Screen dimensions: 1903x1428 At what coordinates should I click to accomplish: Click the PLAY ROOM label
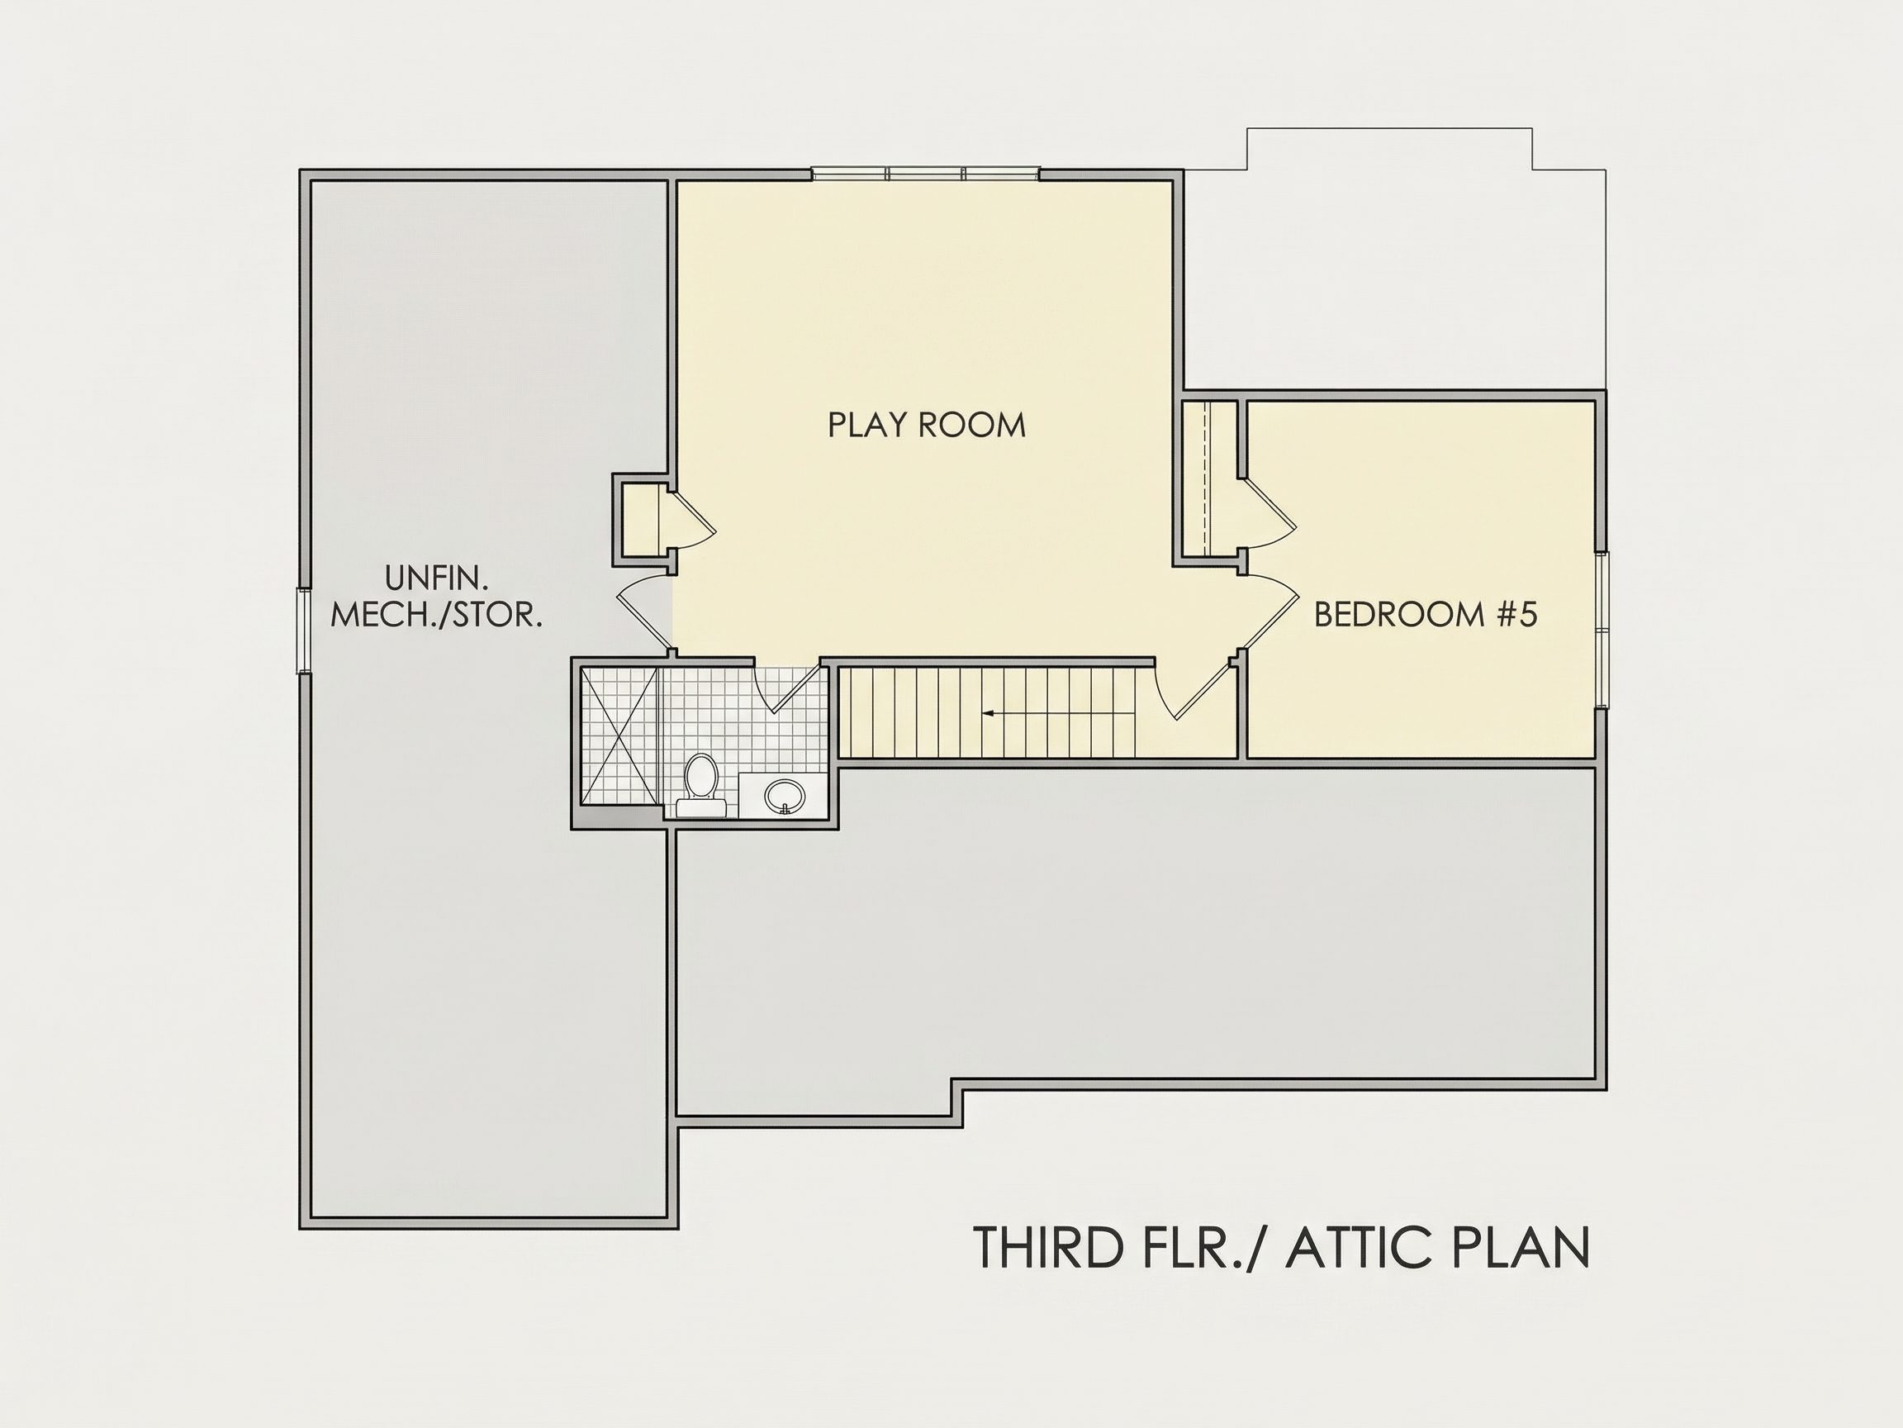click(927, 426)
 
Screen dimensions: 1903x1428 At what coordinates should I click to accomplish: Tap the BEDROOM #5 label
click(1426, 615)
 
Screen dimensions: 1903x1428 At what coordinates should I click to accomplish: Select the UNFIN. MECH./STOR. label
click(436, 596)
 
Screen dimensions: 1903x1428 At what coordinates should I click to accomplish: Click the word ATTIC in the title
click(1358, 1248)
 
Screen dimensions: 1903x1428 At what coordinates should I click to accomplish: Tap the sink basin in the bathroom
click(784, 794)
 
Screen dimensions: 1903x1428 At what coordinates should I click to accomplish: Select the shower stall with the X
click(619, 736)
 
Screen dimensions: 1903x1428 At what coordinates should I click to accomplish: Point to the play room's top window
click(926, 174)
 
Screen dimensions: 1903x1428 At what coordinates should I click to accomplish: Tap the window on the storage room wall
click(304, 630)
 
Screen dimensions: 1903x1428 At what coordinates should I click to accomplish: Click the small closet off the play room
click(641, 519)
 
